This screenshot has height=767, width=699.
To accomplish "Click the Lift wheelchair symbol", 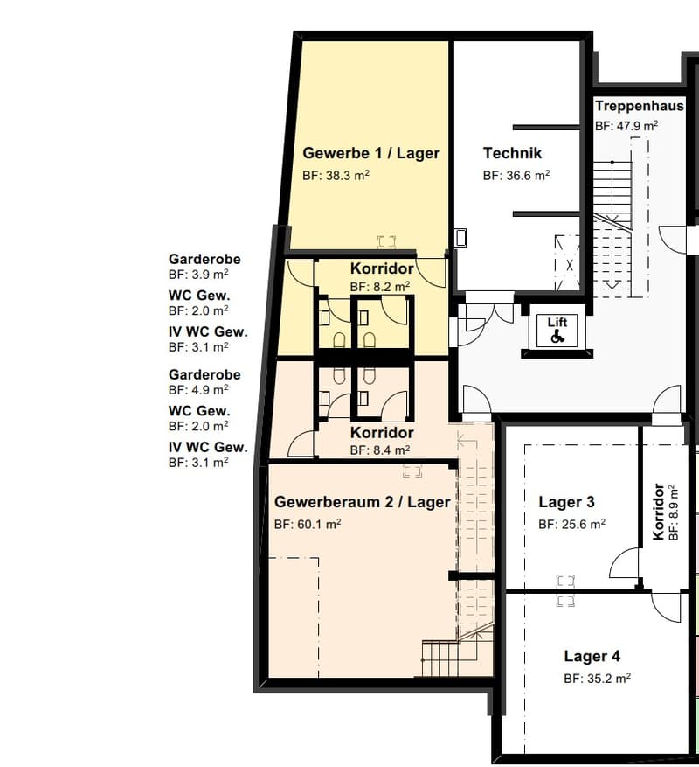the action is [557, 337].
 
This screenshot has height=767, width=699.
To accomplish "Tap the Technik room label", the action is [512, 153].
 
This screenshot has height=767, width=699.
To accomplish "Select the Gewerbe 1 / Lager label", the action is [371, 153].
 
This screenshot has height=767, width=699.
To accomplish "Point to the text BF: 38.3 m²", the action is [336, 175].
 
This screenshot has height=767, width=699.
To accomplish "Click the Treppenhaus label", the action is [640, 106].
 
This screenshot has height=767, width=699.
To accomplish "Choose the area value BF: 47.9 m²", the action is [626, 126].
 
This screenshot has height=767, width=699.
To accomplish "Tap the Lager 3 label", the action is [566, 502].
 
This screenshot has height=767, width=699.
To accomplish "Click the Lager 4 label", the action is [592, 656].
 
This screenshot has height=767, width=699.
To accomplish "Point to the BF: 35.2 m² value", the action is [598, 678].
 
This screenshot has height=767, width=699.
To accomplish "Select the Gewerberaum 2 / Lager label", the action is [363, 502].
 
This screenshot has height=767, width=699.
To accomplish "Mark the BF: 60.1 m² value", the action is [308, 524].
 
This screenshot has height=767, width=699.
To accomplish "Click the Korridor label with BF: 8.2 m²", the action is [382, 268].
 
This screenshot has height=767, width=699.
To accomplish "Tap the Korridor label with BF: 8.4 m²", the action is [382, 432].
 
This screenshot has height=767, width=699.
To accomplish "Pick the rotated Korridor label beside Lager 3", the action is [659, 512].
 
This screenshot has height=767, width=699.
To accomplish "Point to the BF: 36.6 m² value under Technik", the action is [516, 175].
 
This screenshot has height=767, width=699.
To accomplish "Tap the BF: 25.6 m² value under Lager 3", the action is [572, 524].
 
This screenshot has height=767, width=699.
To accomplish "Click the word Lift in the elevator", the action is [557, 323].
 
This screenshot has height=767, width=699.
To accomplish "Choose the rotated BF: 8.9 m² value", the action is [673, 512].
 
